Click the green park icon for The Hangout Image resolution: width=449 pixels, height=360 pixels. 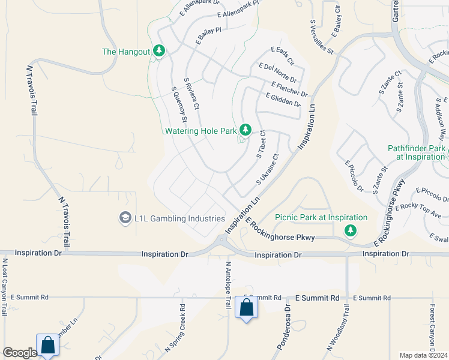[159, 51]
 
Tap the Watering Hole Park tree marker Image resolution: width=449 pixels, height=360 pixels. [245, 129]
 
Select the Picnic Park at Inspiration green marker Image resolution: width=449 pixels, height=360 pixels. [350, 230]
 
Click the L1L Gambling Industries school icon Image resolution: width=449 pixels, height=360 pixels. [125, 218]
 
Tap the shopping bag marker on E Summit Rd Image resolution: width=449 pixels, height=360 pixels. [246, 308]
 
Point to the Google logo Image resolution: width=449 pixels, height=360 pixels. [20, 353]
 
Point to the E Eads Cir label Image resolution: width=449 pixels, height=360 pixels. [283, 56]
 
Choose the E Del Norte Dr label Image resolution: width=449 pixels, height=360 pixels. [277, 73]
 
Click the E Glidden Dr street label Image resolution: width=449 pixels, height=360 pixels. [283, 100]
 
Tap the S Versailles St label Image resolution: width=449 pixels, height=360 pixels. [321, 37]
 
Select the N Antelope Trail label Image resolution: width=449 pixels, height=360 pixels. [228, 284]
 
